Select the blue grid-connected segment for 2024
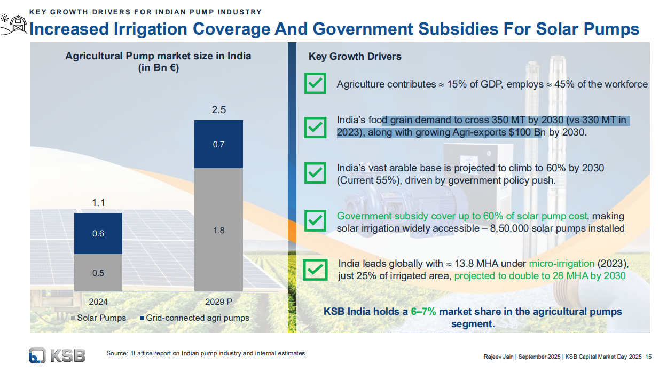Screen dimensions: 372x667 (98, 233)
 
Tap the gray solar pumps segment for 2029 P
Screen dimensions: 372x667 (218, 230)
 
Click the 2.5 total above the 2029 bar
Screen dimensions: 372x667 (218, 110)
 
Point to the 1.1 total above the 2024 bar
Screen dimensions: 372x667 (98, 203)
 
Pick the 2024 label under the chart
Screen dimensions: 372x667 (98, 302)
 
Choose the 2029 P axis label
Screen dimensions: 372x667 (218, 302)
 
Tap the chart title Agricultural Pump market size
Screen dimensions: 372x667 (158, 56)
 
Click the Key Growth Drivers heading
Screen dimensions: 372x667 (355, 57)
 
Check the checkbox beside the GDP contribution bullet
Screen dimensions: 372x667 (315, 84)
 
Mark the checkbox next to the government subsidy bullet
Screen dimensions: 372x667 (315, 220)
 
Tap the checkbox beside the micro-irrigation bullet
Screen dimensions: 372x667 (315, 270)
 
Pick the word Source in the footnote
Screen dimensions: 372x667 (116, 353)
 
